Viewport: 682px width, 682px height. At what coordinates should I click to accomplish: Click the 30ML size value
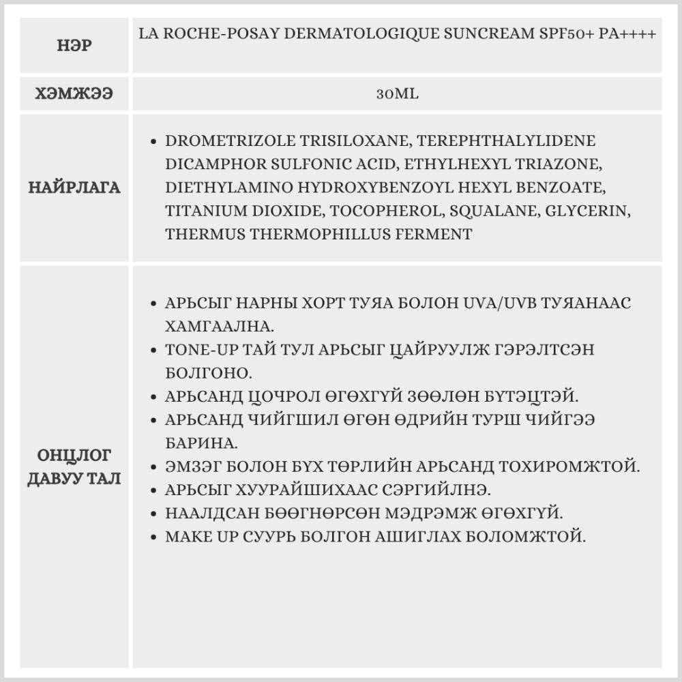(x=397, y=94)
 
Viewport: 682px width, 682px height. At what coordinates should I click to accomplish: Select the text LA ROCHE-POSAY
(x=204, y=34)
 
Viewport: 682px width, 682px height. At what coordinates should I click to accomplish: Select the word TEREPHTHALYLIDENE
(x=506, y=141)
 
